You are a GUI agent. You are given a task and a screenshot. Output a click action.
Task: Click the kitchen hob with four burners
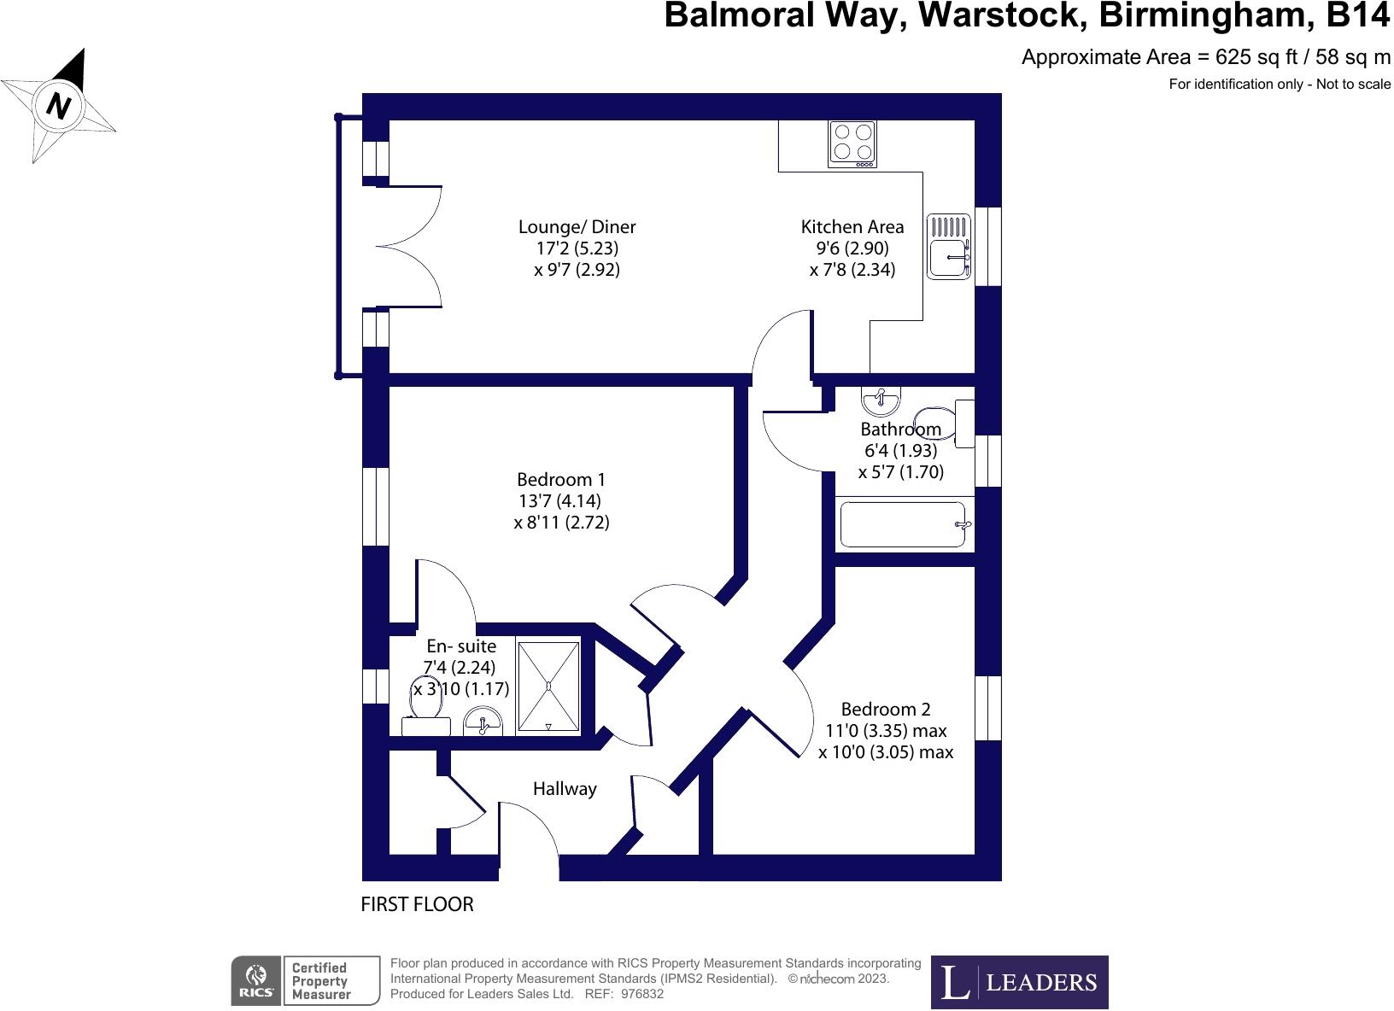[x=852, y=143]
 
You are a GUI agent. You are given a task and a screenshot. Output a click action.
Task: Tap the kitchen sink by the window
[x=948, y=247]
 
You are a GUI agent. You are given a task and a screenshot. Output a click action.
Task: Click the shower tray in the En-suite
[x=548, y=687]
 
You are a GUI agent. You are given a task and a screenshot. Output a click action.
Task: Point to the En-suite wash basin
[x=483, y=721]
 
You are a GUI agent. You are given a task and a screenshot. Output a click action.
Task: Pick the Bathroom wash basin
[x=880, y=400]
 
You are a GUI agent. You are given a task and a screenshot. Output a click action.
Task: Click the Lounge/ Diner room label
[x=577, y=227]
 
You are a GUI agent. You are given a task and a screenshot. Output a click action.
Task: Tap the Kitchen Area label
[x=852, y=227]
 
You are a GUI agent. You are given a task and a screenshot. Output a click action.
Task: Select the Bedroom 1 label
[x=560, y=480]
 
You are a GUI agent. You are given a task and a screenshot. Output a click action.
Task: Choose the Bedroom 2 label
[x=886, y=710]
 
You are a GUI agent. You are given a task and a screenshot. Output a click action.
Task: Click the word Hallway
[x=565, y=789]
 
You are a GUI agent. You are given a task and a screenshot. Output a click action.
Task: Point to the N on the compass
[x=58, y=105]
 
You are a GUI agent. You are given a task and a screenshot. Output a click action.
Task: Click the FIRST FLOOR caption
[x=417, y=904]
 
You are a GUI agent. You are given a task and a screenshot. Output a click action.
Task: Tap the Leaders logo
[x=1019, y=982]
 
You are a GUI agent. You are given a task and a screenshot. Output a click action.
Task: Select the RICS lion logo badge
[x=255, y=981]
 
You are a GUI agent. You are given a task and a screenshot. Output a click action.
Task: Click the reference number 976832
[x=643, y=994]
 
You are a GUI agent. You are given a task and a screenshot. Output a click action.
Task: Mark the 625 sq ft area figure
[x=1256, y=57]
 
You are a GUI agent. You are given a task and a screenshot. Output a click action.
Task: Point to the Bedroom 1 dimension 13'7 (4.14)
[x=560, y=501]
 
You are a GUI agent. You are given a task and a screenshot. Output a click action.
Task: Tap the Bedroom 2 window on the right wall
[x=987, y=708]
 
